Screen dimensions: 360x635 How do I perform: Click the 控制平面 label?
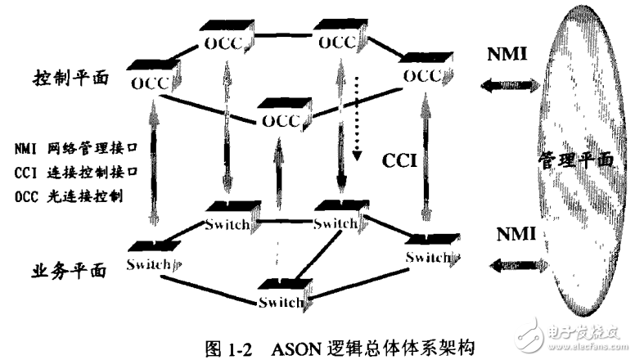(68, 79)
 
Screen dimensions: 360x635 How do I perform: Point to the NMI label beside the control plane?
(506, 53)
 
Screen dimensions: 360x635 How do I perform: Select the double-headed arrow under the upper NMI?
(510, 83)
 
